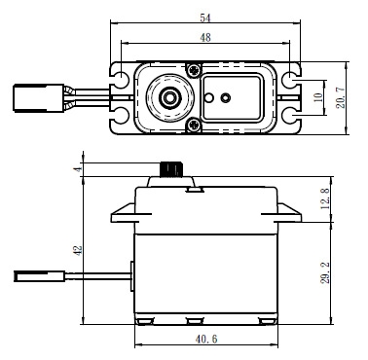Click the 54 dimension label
tap(205, 18)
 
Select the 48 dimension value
tap(205, 38)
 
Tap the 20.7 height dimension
tap(341, 97)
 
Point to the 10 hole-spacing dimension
tap(319, 97)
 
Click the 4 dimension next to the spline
tap(78, 169)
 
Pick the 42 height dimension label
tap(78, 250)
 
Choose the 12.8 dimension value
tap(325, 198)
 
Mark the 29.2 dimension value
tap(325, 273)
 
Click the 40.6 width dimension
tap(206, 340)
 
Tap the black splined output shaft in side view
tap(171, 169)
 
